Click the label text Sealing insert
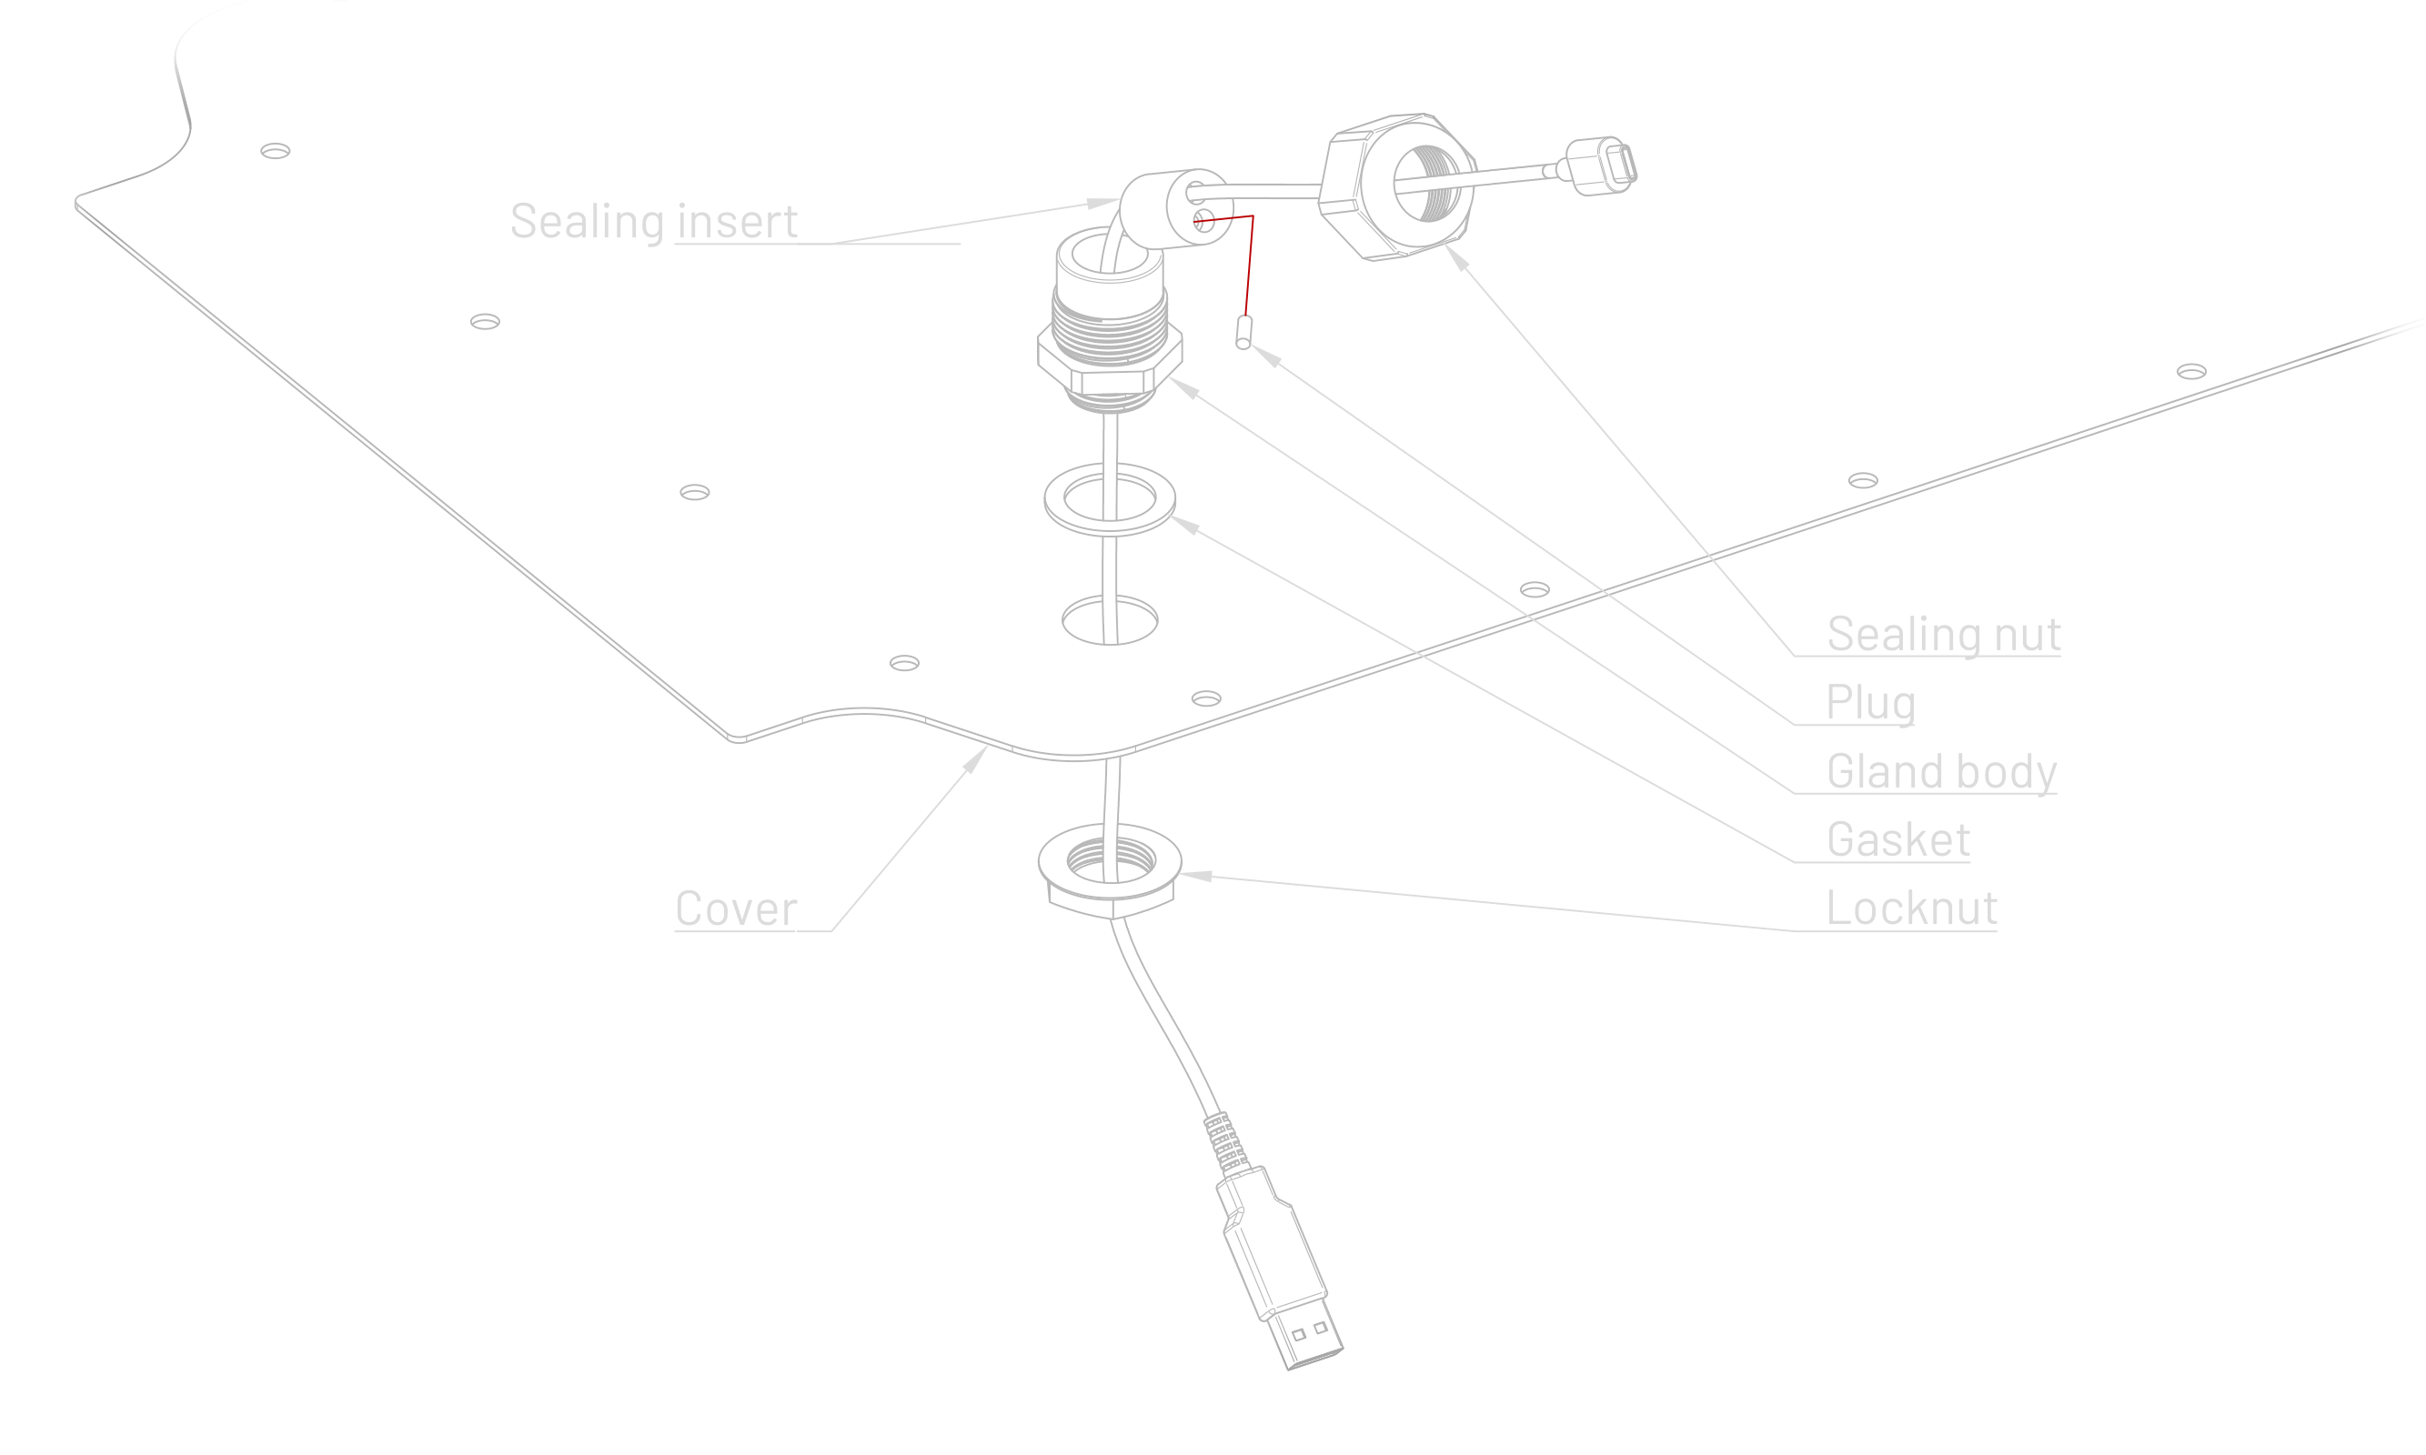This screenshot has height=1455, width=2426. [653, 222]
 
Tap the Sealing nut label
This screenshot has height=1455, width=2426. [1943, 635]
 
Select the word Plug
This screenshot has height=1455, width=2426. [1869, 703]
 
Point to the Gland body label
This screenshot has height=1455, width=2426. [1940, 772]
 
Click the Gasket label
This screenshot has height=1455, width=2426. [1898, 840]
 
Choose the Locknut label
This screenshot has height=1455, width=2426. [1911, 908]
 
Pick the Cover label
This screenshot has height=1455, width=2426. [736, 908]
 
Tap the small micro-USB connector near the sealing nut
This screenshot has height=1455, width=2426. [1601, 166]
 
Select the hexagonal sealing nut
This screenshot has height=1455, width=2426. [1393, 186]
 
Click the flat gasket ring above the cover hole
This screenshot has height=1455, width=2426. [1109, 500]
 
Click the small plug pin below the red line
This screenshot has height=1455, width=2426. [1243, 331]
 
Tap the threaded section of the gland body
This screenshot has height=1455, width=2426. [1109, 314]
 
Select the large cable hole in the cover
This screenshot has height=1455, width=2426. [1109, 619]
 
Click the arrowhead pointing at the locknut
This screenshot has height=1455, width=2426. [1198, 876]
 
